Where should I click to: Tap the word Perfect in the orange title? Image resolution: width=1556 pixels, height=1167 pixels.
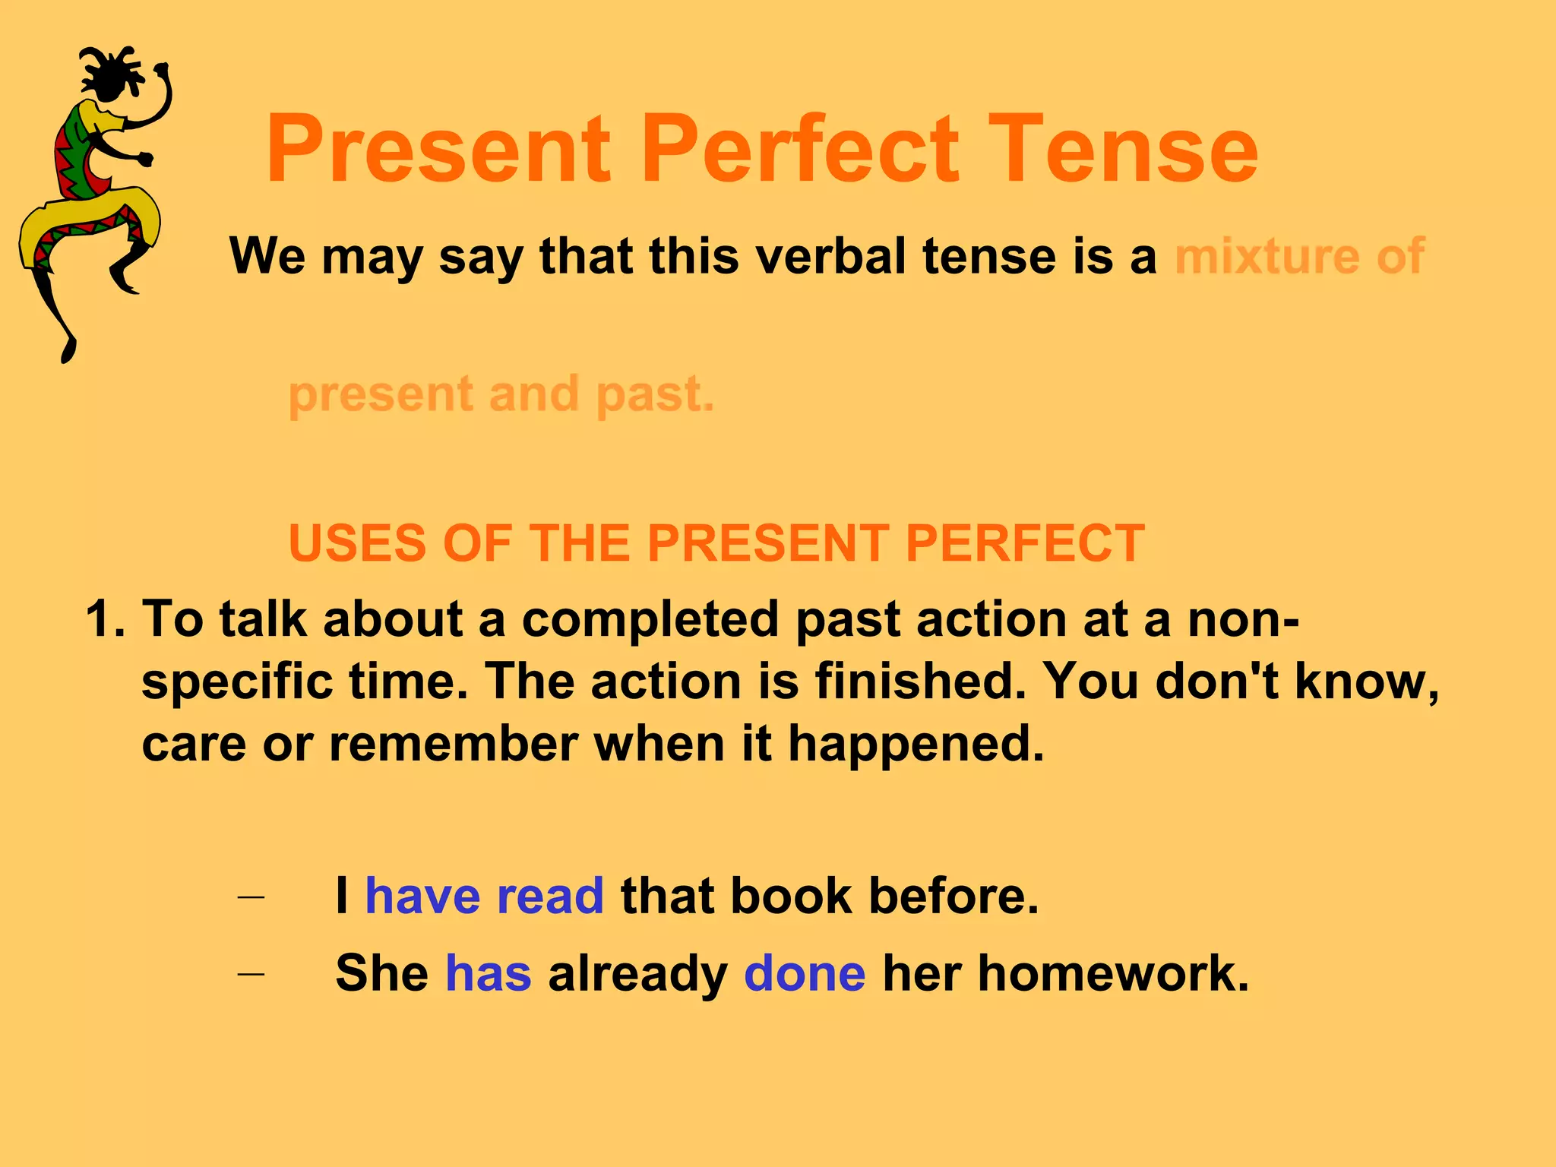(801, 149)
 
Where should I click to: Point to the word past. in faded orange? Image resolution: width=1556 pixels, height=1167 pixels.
(655, 395)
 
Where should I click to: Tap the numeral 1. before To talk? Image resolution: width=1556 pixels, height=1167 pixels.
(106, 619)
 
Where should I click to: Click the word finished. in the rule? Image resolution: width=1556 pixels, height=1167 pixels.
(920, 681)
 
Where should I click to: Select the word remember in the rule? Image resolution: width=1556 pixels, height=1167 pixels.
(454, 743)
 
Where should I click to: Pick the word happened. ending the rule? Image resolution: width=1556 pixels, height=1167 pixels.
(916, 745)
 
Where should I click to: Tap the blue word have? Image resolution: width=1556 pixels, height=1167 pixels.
(422, 896)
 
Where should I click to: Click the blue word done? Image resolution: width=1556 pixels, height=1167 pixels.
(804, 973)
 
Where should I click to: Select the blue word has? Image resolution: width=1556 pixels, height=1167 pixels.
(488, 973)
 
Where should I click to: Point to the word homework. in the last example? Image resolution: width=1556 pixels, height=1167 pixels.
(1112, 973)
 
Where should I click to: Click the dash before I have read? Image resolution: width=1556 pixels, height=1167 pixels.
(251, 897)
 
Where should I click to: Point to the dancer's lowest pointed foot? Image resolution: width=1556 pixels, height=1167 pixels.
(68, 353)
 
